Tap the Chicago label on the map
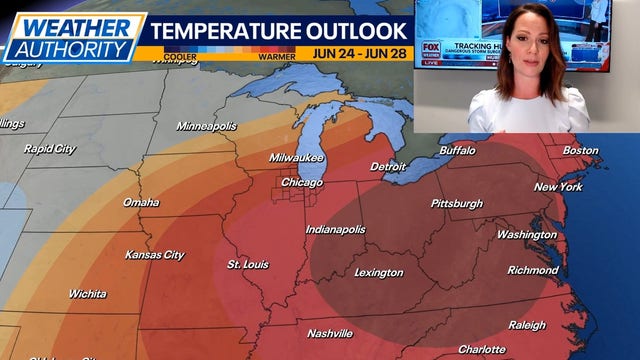tap(301, 183)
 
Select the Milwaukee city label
tap(296, 158)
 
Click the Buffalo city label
tap(458, 151)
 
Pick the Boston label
tap(580, 151)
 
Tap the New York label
tap(558, 187)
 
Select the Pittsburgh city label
tap(455, 204)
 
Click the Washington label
tap(526, 235)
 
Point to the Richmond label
tap(532, 270)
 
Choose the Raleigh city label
tap(527, 325)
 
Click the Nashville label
tap(330, 333)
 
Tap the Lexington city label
tap(379, 273)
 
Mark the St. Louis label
tap(248, 265)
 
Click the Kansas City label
tap(154, 255)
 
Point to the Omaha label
tap(141, 202)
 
